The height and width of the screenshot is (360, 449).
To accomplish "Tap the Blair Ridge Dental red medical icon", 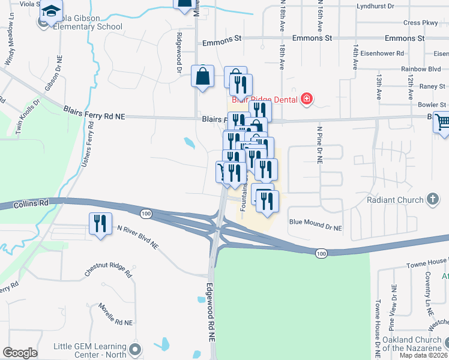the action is [307, 98].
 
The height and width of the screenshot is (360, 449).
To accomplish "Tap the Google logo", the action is [20, 353].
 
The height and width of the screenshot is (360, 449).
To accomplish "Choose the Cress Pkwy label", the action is [421, 23].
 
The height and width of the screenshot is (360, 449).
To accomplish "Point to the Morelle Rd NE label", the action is [115, 315].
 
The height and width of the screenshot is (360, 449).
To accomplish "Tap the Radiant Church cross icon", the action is [432, 199].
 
